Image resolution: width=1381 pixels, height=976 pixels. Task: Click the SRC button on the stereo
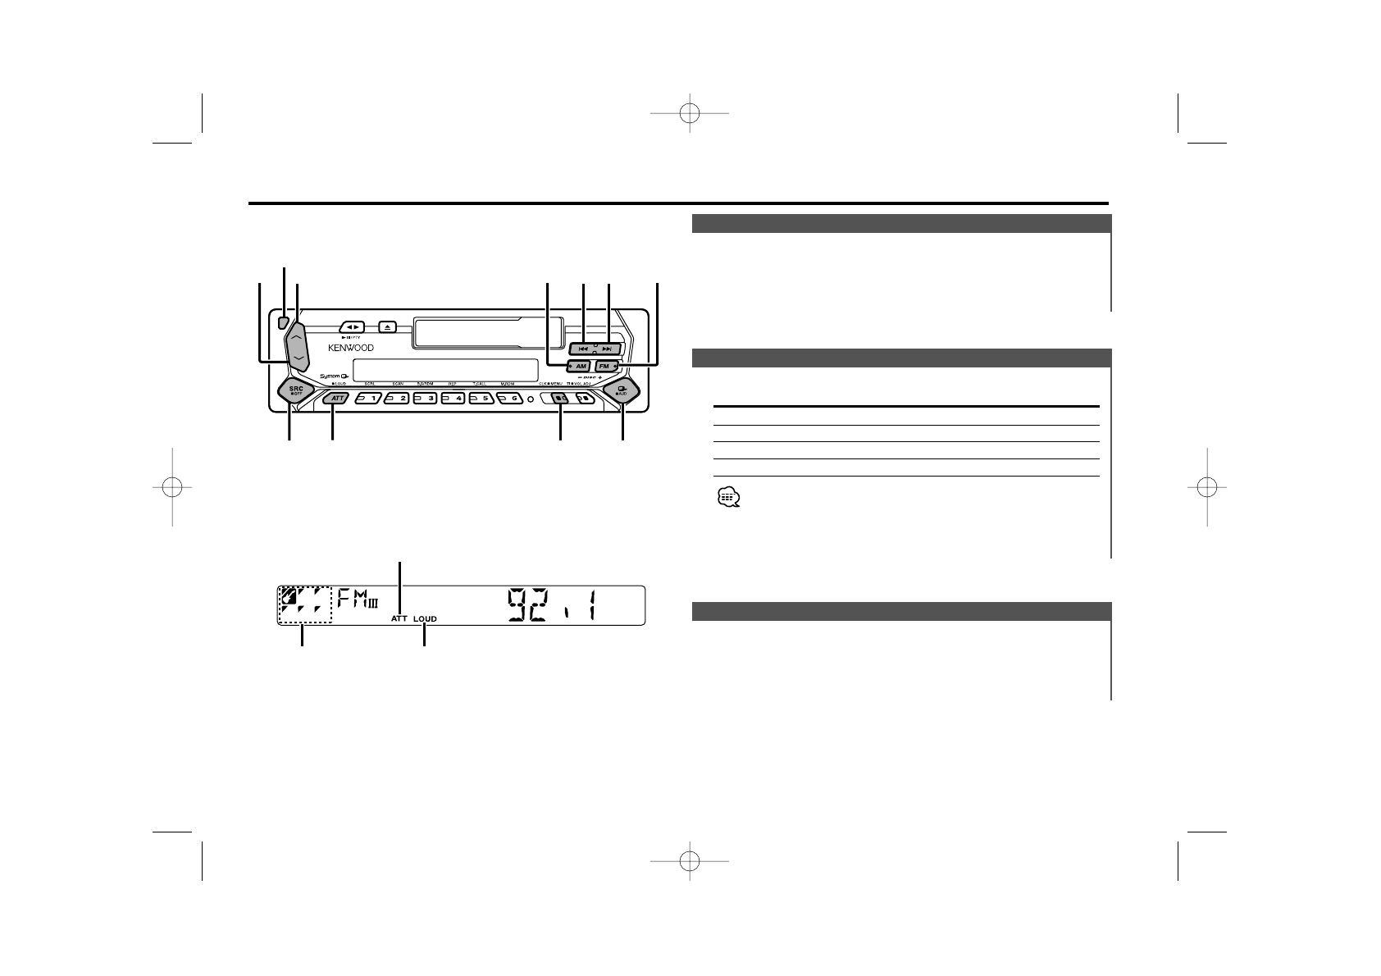tap(295, 392)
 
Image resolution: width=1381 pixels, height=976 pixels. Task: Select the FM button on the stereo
tap(606, 365)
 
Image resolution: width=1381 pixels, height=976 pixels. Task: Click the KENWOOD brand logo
tap(351, 348)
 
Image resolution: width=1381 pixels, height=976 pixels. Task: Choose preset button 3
tap(425, 399)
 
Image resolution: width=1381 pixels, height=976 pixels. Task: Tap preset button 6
tap(509, 399)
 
